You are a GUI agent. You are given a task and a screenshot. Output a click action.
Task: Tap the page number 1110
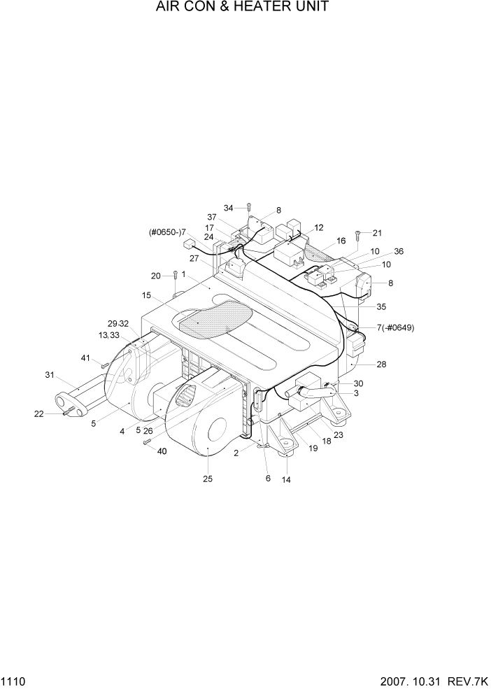pyautogui.click(x=13, y=680)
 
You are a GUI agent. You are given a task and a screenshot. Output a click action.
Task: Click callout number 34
pyautogui.click(x=229, y=208)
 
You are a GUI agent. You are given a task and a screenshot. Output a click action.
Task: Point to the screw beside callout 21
pyautogui.click(x=358, y=234)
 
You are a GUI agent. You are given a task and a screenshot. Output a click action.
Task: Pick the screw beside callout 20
pyautogui.click(x=175, y=276)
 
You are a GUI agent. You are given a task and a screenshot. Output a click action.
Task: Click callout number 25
pyautogui.click(x=208, y=479)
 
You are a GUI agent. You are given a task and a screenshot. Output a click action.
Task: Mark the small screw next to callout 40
pyautogui.click(x=147, y=441)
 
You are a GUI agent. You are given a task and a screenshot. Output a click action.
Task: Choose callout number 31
pyautogui.click(x=50, y=375)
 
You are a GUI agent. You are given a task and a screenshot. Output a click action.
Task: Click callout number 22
pyautogui.click(x=38, y=414)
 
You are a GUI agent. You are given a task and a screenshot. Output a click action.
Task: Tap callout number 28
pyautogui.click(x=381, y=364)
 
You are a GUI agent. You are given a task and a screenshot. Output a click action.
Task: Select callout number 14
pyautogui.click(x=286, y=480)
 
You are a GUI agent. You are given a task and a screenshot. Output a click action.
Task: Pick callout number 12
pyautogui.click(x=318, y=227)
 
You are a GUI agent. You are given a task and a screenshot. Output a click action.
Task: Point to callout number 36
pyautogui.click(x=399, y=252)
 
